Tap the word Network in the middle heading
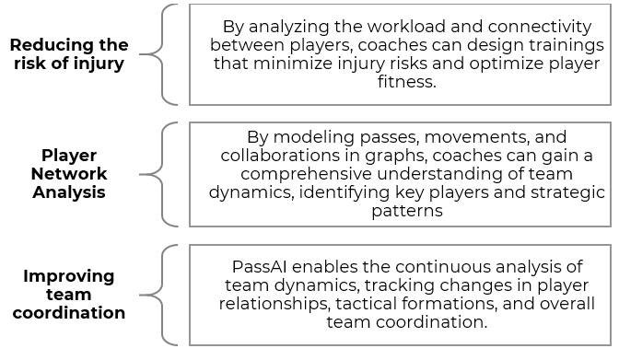pos(69,174)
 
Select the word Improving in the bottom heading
pos(69,277)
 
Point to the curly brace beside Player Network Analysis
pos(158,174)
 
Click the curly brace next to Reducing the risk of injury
pos(158,54)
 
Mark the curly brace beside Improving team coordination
pos(158,295)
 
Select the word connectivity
pos(540,28)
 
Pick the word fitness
pos(406,82)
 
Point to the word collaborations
pos(280,155)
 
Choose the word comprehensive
pos(306,174)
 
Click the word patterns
pos(407,211)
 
